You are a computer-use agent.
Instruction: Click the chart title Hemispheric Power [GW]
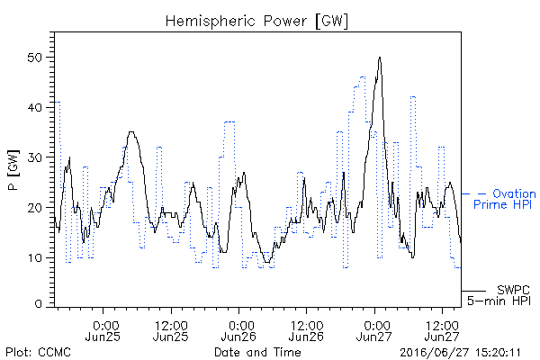click(x=256, y=22)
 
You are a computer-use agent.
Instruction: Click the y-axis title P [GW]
click(x=13, y=170)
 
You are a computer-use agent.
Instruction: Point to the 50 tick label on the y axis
click(x=34, y=58)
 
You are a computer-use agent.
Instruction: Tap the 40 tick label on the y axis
click(x=34, y=107)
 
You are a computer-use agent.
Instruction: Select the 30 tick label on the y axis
click(x=34, y=157)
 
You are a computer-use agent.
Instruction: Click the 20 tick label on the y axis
click(x=34, y=208)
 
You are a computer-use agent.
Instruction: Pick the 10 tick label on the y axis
click(x=34, y=258)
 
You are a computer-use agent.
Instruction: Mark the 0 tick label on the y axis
click(x=39, y=304)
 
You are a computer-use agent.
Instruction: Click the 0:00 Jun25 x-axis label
click(x=103, y=331)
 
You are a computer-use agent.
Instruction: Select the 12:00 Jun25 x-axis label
click(x=171, y=331)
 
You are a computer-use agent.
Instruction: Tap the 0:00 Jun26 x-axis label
click(x=238, y=331)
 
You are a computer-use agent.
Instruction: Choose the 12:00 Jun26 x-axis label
click(x=306, y=331)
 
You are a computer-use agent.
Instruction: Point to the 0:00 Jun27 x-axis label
click(x=374, y=331)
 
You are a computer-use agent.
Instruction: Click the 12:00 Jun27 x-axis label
click(x=442, y=331)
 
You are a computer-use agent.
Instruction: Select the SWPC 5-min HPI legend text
click(x=499, y=295)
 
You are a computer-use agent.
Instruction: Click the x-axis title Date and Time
click(x=257, y=353)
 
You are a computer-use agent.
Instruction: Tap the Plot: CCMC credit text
click(x=38, y=353)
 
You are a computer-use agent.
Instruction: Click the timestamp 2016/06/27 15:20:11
click(x=460, y=353)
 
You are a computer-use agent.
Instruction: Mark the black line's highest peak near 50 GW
click(x=380, y=58)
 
